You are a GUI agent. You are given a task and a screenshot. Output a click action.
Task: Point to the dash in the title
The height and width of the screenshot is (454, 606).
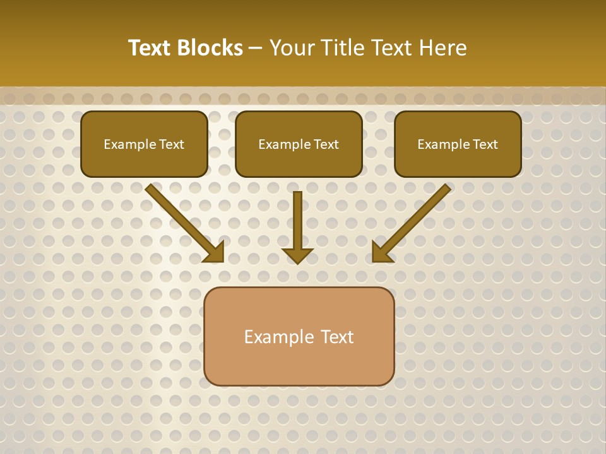[256, 49]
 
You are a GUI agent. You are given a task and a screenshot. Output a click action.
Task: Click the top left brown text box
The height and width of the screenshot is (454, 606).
[144, 161]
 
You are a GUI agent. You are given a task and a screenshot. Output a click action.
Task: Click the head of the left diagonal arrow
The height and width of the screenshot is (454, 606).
[215, 253]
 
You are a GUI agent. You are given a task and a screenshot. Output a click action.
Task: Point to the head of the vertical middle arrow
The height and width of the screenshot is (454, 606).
[297, 255]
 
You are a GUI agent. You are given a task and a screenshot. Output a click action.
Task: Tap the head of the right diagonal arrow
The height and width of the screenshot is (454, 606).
[381, 253]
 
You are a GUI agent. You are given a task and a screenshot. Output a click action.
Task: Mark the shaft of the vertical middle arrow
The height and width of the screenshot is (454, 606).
[297, 218]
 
